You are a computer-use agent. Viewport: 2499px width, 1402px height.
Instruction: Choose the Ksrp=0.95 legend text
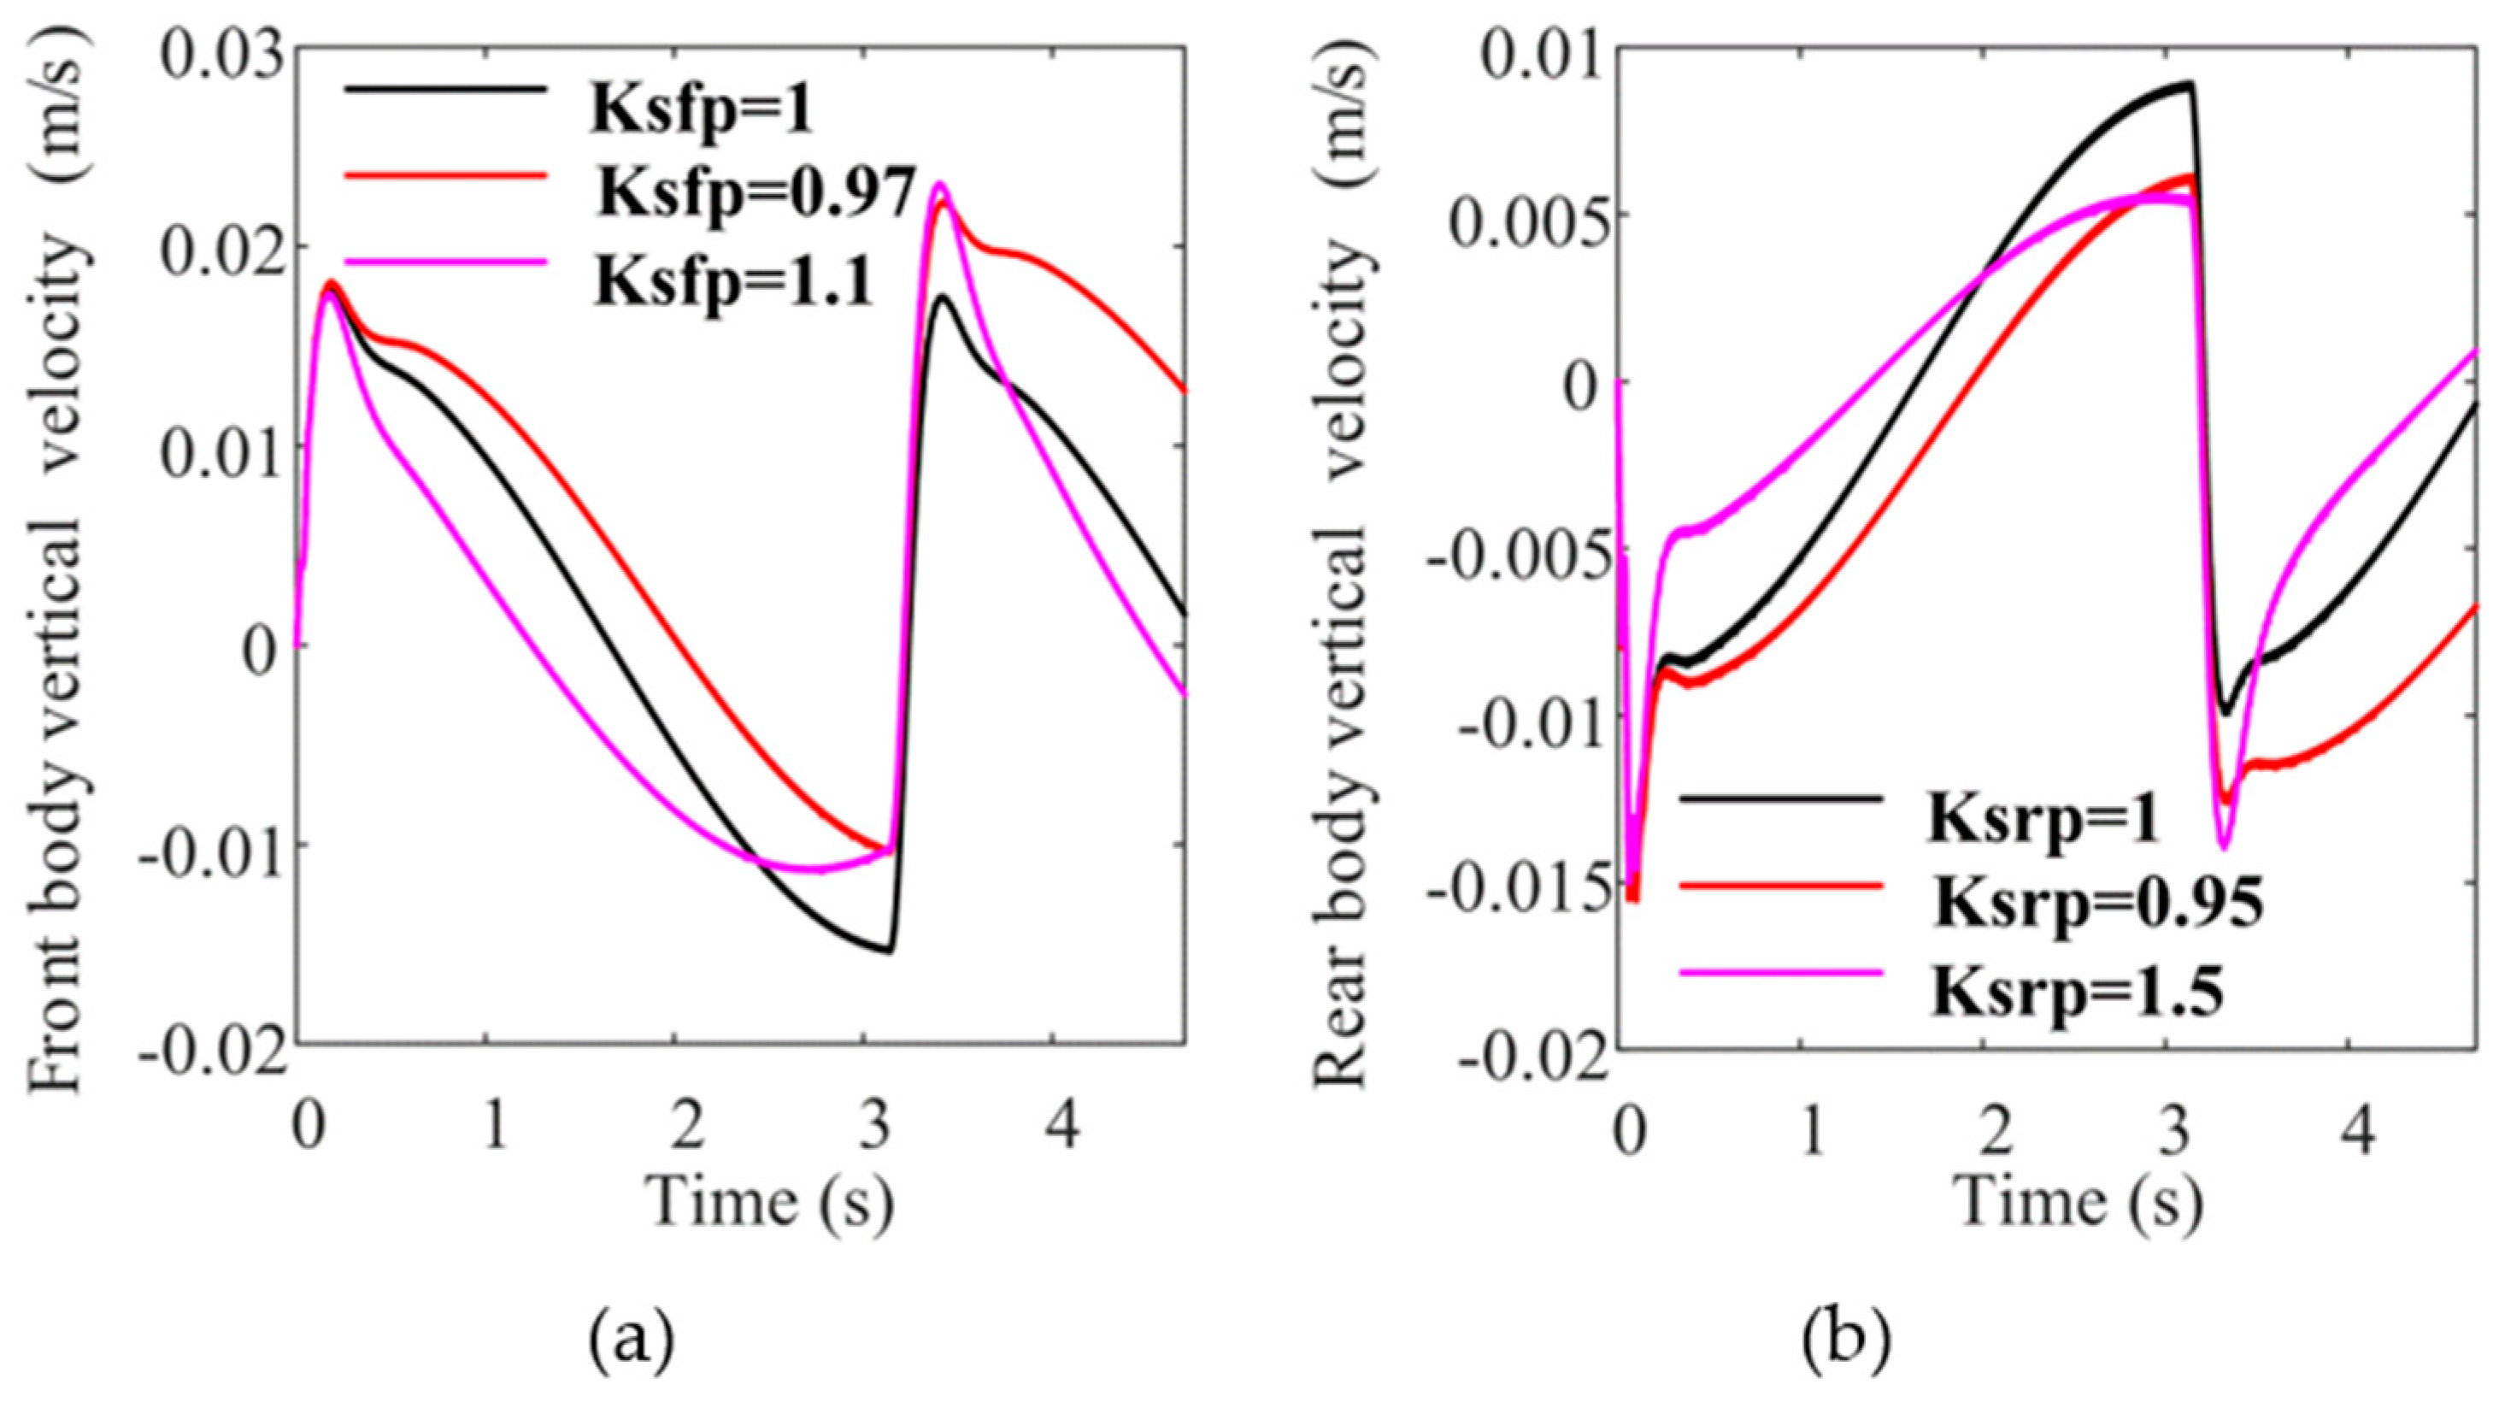coord(2096,904)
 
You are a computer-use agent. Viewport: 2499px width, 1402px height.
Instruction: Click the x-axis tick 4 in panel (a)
coord(1064,1127)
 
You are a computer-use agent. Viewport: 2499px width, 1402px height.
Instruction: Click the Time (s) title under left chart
coord(771,1204)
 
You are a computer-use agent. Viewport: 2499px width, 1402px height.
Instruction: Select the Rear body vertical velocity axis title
coord(1344,573)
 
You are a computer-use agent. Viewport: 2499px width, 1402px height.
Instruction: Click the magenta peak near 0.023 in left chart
coord(939,184)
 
